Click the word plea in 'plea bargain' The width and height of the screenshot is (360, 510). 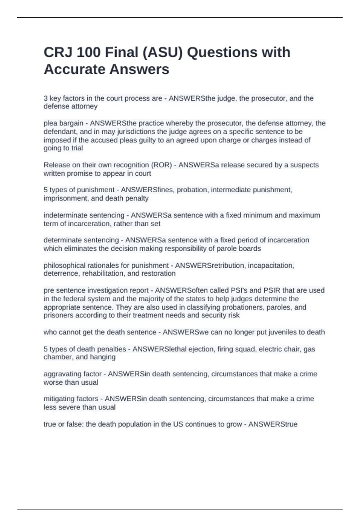(x=50, y=123)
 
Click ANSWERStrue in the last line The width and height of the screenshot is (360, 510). (x=273, y=424)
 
